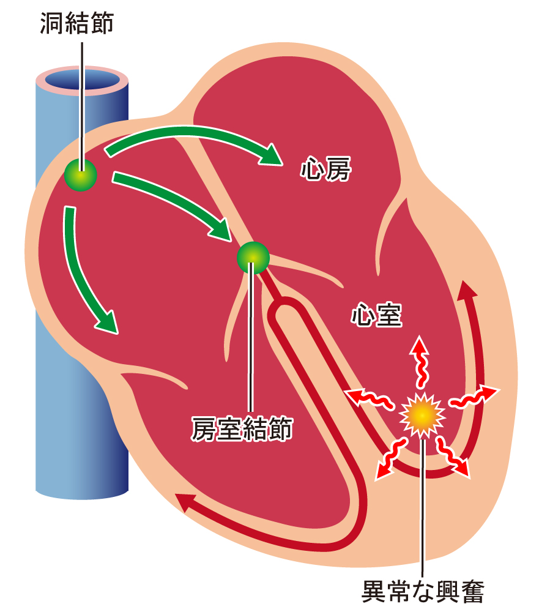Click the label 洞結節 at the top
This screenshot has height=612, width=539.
click(77, 23)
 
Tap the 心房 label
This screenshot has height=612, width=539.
click(325, 169)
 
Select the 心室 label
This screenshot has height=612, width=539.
click(377, 315)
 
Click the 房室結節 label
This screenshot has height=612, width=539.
click(242, 428)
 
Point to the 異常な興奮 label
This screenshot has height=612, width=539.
click(423, 591)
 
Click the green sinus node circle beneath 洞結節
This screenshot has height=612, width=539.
click(81, 175)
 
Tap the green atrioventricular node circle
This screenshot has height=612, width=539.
click(253, 258)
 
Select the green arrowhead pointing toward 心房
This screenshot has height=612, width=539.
click(271, 155)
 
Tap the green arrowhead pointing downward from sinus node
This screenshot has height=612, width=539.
click(107, 323)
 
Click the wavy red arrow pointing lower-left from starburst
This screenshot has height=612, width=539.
click(391, 458)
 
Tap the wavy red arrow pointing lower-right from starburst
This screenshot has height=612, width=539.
click(453, 457)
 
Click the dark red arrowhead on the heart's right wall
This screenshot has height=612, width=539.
click(467, 289)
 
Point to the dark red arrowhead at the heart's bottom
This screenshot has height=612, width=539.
click(185, 502)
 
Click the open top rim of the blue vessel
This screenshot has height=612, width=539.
click(82, 80)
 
